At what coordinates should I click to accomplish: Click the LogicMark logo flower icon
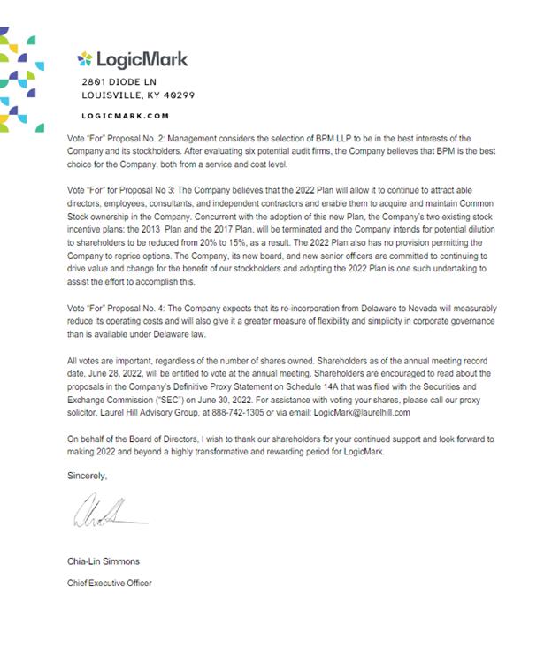(x=86, y=59)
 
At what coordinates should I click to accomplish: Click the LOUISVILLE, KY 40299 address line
(x=138, y=95)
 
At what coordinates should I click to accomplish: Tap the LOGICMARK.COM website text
(x=125, y=116)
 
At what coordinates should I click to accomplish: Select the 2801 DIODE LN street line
(x=119, y=82)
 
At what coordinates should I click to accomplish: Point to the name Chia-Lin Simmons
(x=103, y=561)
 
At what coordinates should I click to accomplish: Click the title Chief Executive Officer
(x=110, y=583)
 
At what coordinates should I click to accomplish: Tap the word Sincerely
(x=87, y=476)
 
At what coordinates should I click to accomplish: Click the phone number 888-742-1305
(x=244, y=412)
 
